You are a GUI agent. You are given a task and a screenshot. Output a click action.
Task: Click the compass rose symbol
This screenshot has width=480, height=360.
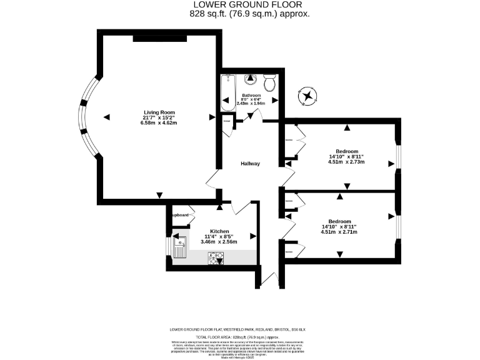click(308, 96)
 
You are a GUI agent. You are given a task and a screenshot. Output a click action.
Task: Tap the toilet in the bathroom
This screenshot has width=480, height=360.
click(271, 82)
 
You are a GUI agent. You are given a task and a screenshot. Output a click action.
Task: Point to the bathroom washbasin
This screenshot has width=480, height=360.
click(251, 79)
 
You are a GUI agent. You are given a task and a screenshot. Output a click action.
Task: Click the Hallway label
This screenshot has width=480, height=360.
click(251, 164)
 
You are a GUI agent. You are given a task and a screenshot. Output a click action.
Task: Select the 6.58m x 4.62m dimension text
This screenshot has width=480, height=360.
click(159, 123)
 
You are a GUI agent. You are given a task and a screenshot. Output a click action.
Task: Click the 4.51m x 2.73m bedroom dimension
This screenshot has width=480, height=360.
click(346, 162)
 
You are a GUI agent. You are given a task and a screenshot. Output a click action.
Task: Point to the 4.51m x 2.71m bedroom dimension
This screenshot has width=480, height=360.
click(339, 232)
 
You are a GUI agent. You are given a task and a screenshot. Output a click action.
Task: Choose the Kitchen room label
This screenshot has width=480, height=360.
click(219, 231)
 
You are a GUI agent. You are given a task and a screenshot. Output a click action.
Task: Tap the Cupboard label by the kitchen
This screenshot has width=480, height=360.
click(179, 215)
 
